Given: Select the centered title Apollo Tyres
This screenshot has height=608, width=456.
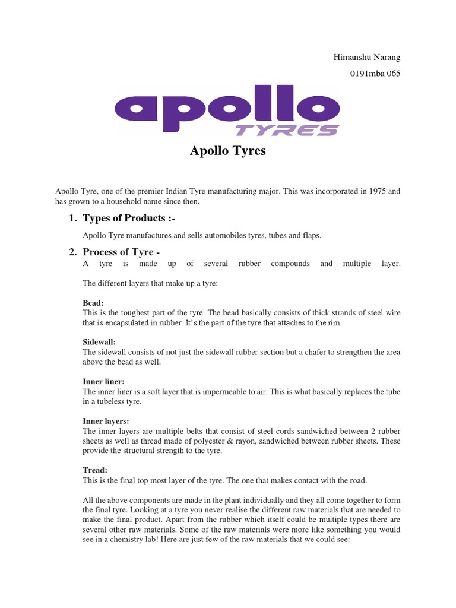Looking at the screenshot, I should (x=228, y=151).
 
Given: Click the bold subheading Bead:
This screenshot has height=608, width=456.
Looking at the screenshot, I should (x=93, y=303).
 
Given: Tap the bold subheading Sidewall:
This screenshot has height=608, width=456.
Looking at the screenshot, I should (x=99, y=343).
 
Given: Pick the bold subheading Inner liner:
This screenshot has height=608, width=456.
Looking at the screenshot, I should (x=103, y=382).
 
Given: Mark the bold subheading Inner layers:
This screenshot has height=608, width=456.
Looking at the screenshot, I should (x=105, y=421).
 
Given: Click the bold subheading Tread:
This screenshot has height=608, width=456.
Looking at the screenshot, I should (x=95, y=470).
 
